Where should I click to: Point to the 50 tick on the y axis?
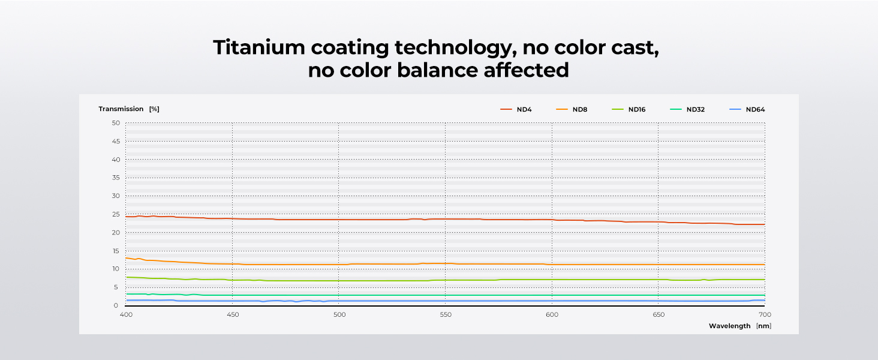tap(116, 123)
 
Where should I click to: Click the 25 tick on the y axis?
tap(116, 214)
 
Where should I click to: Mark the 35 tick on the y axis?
tap(116, 178)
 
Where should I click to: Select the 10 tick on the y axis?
tap(116, 269)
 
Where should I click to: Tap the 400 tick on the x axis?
tap(126, 314)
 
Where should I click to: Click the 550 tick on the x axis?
tap(445, 314)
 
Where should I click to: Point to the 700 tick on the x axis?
tap(765, 314)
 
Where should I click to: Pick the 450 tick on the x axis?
tap(232, 314)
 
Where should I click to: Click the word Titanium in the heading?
tap(255, 47)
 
